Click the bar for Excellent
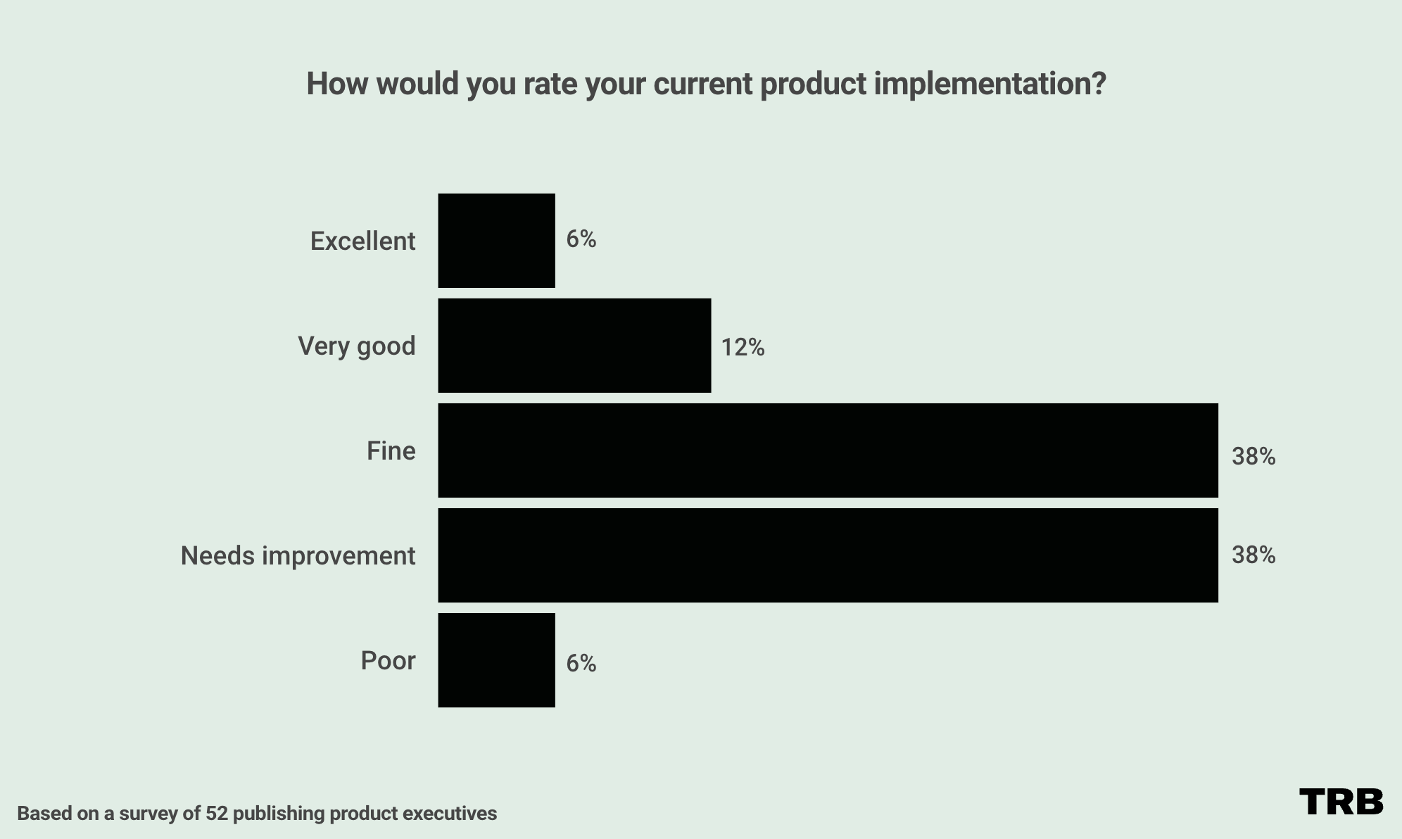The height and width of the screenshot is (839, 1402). click(x=496, y=240)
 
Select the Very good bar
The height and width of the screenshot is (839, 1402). click(x=574, y=345)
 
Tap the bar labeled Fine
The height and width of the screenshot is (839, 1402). click(x=828, y=450)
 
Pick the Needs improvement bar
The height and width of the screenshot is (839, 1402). click(x=828, y=555)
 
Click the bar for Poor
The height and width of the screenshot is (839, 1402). click(x=496, y=660)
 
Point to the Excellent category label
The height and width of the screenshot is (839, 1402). click(x=362, y=241)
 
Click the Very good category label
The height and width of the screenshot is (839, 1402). click(x=356, y=346)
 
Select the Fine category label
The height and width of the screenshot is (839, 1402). click(x=391, y=450)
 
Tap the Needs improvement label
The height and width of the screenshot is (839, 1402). click(x=298, y=556)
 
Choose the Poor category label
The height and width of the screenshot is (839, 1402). click(x=388, y=661)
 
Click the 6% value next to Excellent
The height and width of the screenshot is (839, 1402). click(x=581, y=239)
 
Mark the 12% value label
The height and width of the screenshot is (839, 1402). click(x=743, y=347)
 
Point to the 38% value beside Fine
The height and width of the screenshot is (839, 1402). click(x=1253, y=457)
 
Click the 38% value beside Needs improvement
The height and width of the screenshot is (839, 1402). click(x=1253, y=555)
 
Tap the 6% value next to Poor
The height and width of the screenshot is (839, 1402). click(x=581, y=663)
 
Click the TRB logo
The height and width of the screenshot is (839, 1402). click(x=1341, y=802)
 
